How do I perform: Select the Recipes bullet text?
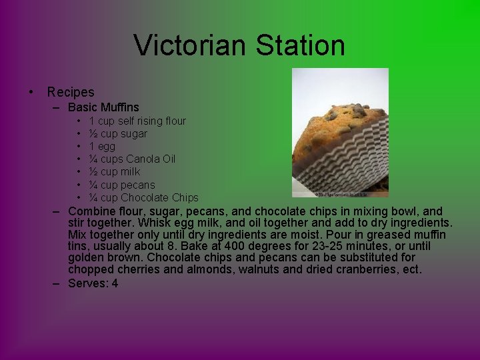tap(71, 92)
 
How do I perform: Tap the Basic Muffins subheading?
tap(103, 107)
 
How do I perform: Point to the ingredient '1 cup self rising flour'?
tap(137, 121)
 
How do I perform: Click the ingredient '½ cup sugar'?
tap(118, 133)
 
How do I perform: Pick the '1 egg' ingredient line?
tap(102, 146)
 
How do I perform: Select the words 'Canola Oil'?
tap(151, 159)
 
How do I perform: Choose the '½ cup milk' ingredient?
tap(115, 171)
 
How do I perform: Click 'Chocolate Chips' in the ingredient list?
tap(159, 197)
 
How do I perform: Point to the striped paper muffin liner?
tap(347, 160)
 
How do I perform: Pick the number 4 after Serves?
tap(115, 283)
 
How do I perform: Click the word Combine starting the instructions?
tap(93, 211)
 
